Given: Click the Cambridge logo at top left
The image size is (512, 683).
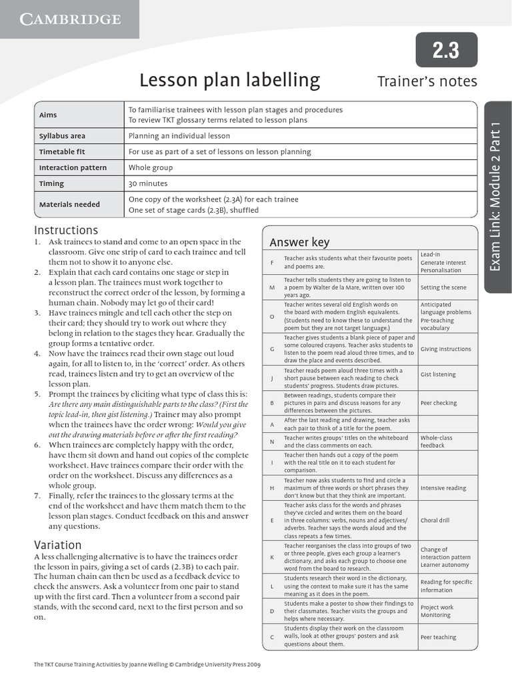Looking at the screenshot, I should (69, 19).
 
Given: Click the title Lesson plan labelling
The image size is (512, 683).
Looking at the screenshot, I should (229, 81).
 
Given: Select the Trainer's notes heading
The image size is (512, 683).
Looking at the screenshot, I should (427, 81).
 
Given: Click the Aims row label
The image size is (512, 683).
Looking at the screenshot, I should (48, 115).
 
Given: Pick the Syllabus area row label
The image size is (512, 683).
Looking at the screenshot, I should (62, 136).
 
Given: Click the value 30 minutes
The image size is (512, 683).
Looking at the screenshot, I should (148, 183).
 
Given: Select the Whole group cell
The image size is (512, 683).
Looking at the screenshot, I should (151, 167).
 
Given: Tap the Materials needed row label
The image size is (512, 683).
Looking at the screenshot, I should (69, 205).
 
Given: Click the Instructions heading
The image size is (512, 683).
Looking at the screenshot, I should (66, 230).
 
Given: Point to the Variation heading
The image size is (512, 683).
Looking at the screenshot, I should (57, 544).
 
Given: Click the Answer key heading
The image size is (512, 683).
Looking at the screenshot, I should (299, 242).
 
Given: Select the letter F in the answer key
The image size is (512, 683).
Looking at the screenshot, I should (272, 263).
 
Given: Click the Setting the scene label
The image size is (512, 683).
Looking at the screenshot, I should (443, 288).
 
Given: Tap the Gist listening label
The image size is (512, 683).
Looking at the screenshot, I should (438, 375).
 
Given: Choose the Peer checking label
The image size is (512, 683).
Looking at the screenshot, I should (439, 404).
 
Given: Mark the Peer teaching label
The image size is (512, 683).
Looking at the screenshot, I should (438, 637).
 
